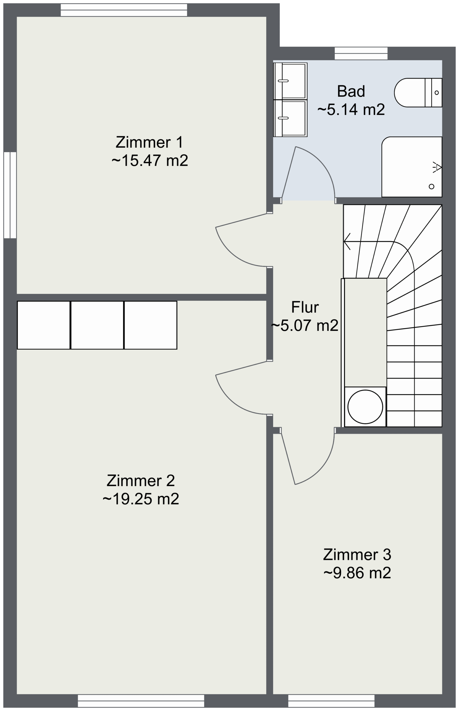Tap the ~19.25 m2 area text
click(141, 499)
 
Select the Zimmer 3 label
click(357, 554)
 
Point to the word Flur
click(305, 307)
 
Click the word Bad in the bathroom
click(351, 91)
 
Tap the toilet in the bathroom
click(418, 93)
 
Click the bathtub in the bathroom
click(412, 167)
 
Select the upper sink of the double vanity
click(290, 81)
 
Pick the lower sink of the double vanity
click(290, 118)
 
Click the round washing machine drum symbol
click(365, 407)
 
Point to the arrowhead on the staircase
click(347, 241)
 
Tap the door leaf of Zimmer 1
click(241, 221)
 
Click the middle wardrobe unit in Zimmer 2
click(97, 325)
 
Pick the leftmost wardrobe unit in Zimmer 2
click(44, 325)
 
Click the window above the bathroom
click(361, 54)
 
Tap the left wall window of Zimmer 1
click(10, 195)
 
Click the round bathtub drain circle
click(431, 187)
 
